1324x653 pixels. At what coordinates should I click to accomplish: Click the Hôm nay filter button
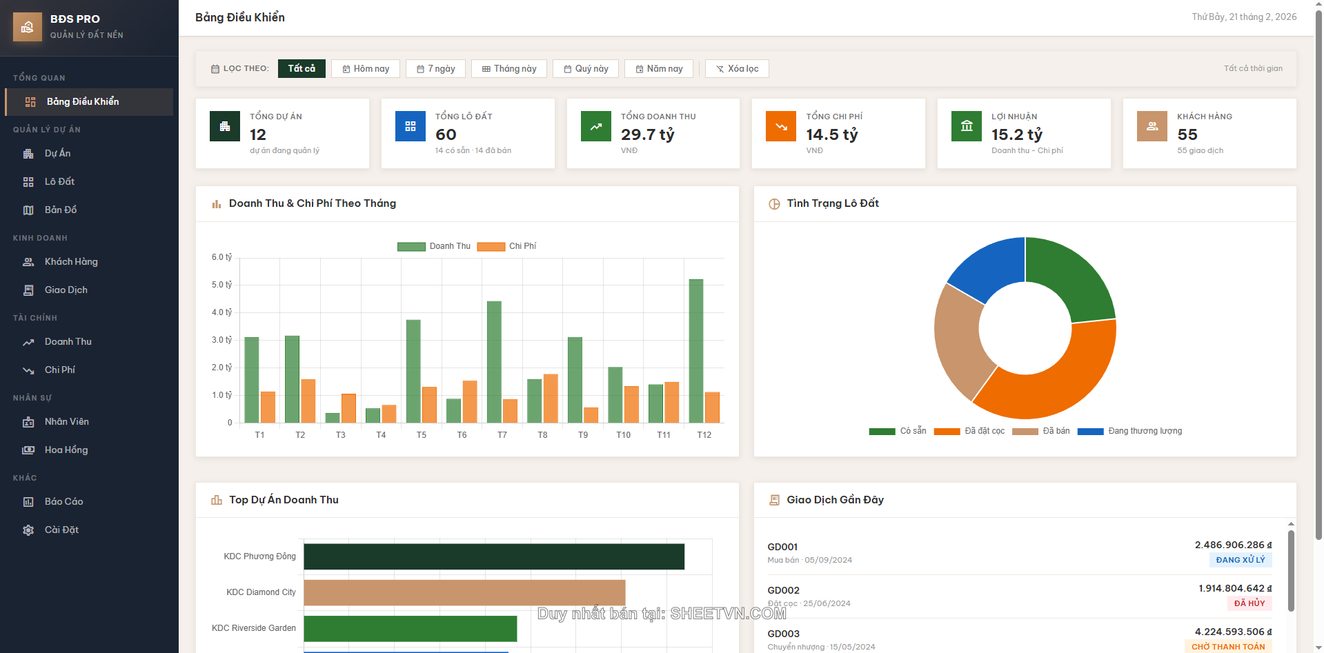(x=366, y=69)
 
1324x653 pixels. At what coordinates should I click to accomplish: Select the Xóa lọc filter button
(x=737, y=69)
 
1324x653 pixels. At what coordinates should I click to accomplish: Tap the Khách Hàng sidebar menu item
(x=71, y=262)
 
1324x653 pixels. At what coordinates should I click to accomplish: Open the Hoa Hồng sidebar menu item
(x=66, y=450)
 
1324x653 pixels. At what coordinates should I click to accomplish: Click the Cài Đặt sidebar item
(x=61, y=530)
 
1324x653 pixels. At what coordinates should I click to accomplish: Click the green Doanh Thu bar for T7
(x=494, y=361)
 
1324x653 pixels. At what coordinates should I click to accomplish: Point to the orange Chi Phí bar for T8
(x=551, y=399)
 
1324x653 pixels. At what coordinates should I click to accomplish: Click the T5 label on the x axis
(x=422, y=435)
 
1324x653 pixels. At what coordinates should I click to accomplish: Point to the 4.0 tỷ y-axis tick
(x=221, y=312)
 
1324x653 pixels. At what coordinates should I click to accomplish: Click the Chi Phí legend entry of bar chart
(x=506, y=246)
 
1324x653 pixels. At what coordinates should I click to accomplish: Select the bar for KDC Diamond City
(x=464, y=593)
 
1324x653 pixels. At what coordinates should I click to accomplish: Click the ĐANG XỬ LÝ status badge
(x=1240, y=560)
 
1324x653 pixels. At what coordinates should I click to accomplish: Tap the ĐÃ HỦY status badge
(x=1249, y=603)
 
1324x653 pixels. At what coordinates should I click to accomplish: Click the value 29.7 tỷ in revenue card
(x=647, y=134)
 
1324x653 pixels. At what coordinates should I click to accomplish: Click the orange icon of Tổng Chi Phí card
(x=780, y=127)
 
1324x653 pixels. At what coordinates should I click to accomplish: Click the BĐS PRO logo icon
(x=28, y=27)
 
